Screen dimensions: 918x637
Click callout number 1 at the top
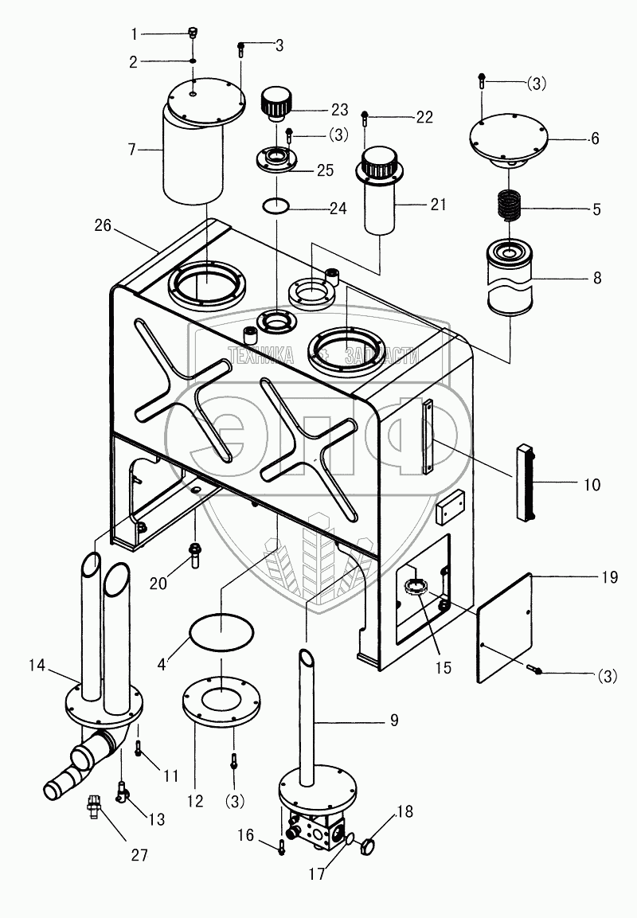(135, 33)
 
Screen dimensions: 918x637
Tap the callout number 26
(104, 227)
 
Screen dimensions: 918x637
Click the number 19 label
(609, 579)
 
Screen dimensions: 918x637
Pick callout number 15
(443, 668)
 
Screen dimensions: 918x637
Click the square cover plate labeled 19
(504, 627)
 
